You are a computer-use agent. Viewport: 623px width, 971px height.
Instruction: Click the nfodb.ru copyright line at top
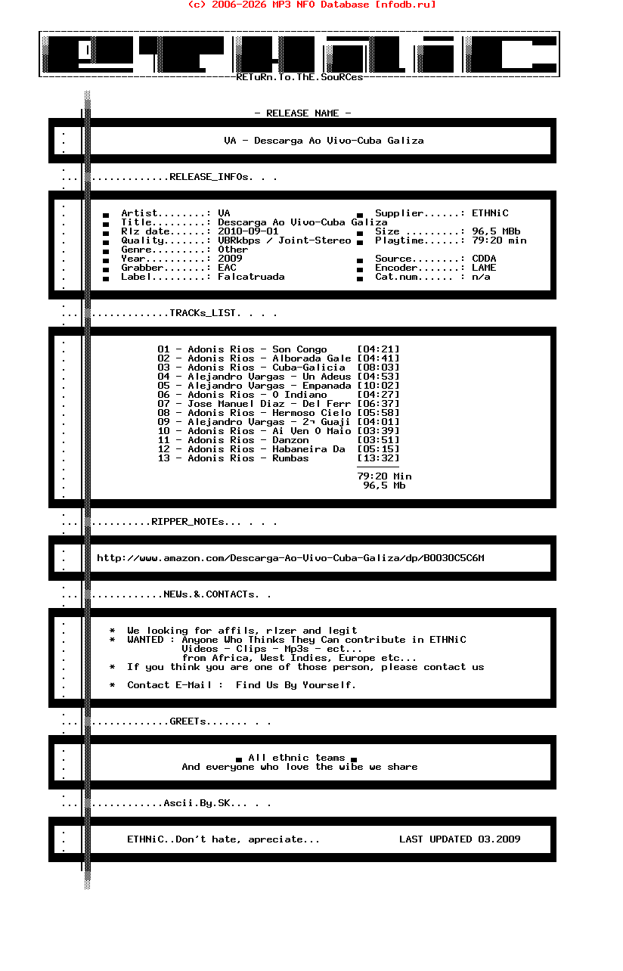tap(311, 5)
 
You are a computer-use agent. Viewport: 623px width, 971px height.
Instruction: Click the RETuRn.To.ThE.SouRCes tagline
tap(299, 77)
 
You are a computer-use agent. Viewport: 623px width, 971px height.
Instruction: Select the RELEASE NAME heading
tap(302, 113)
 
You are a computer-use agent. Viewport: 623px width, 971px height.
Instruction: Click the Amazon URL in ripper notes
tap(290, 558)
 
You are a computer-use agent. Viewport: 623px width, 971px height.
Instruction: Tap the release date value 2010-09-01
tap(248, 231)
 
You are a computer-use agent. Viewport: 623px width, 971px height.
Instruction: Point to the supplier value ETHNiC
tap(490, 213)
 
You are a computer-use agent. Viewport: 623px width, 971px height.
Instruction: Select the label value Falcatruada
tap(251, 277)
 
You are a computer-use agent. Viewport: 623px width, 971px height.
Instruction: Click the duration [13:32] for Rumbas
tap(378, 458)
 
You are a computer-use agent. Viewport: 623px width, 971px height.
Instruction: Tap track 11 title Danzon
tap(290, 440)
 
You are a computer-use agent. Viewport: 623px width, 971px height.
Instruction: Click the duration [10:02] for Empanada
tap(378, 386)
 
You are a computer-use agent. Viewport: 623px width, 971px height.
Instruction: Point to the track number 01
tap(163, 349)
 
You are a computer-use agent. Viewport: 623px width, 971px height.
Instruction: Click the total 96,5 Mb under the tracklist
tap(384, 485)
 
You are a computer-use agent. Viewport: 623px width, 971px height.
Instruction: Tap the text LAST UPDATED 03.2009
tap(460, 839)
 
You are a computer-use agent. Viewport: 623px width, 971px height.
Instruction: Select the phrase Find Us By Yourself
tap(296, 685)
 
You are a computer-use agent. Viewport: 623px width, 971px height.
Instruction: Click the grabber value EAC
tap(227, 268)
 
